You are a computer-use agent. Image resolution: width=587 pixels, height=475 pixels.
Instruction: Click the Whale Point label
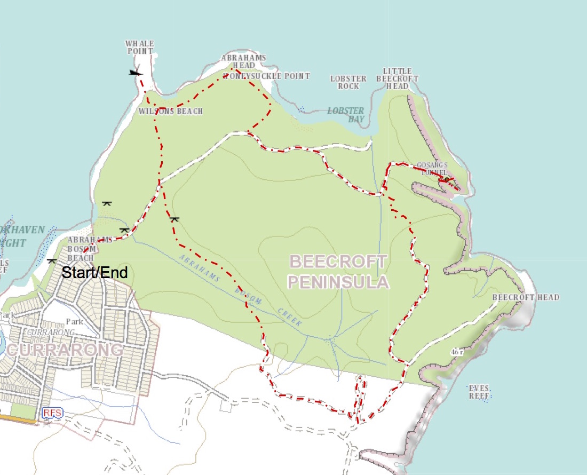[x=140, y=47]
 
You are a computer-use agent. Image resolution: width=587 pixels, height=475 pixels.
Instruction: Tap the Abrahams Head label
[x=244, y=61]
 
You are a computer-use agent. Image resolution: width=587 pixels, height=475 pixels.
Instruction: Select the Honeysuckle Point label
[x=266, y=76]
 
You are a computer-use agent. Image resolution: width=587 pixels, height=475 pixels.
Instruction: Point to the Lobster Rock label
[x=348, y=82]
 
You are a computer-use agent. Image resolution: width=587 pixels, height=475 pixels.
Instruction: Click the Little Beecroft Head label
[x=398, y=78]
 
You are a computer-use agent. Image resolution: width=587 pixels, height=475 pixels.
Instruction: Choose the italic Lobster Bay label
[x=346, y=115]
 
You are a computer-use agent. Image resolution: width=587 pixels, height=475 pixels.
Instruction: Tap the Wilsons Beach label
[x=170, y=112]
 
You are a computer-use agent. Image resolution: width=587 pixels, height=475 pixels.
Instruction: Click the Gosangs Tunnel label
[x=433, y=169]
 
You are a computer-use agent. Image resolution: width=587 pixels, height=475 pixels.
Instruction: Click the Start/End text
[x=95, y=273]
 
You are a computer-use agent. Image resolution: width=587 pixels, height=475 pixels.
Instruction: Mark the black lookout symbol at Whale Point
[x=136, y=72]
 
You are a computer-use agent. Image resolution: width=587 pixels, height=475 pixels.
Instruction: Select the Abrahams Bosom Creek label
[x=240, y=291]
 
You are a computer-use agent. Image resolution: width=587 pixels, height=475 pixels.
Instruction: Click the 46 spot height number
[x=455, y=352]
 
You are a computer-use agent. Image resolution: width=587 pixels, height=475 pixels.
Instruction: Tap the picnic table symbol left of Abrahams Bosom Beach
[x=52, y=261]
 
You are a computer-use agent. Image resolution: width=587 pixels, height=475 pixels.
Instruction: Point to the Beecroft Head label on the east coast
[x=525, y=297]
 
